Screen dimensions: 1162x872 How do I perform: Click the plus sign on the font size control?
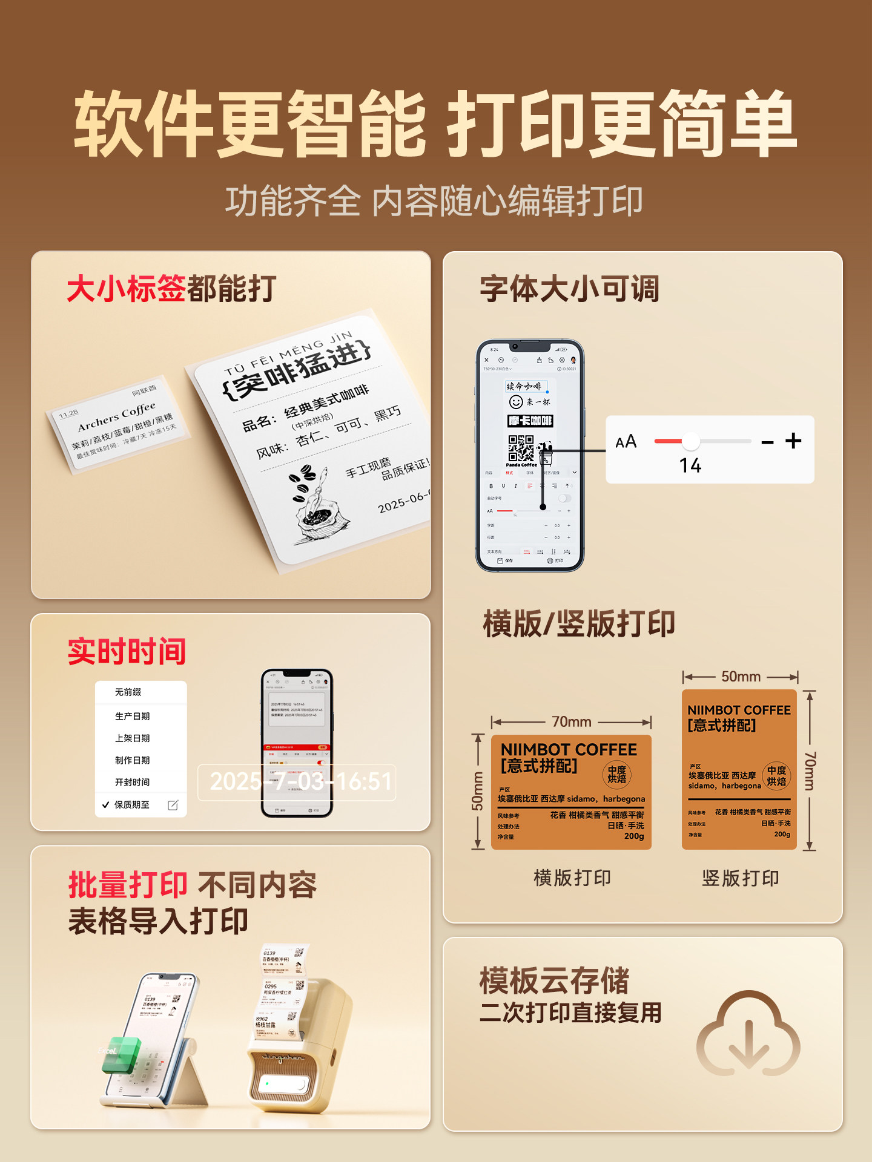(793, 441)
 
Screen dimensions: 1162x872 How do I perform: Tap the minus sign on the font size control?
(767, 443)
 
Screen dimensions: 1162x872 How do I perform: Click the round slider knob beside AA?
(690, 442)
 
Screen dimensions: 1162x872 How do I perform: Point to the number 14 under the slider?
(690, 465)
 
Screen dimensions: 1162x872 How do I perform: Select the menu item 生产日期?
(132, 716)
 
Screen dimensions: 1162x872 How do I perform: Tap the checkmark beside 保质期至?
(105, 804)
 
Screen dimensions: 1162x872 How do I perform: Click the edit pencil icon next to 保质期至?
(173, 805)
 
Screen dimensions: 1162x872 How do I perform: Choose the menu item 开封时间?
(132, 782)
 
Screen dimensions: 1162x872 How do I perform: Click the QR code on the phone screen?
(521, 448)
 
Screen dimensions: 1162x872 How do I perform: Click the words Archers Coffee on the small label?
(116, 416)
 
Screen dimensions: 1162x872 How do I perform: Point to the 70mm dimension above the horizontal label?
(571, 721)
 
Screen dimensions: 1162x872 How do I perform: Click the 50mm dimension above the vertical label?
(741, 677)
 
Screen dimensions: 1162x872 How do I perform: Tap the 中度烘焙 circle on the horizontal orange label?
(616, 774)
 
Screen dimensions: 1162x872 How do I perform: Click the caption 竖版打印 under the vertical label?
(740, 878)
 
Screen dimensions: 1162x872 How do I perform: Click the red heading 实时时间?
(127, 652)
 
